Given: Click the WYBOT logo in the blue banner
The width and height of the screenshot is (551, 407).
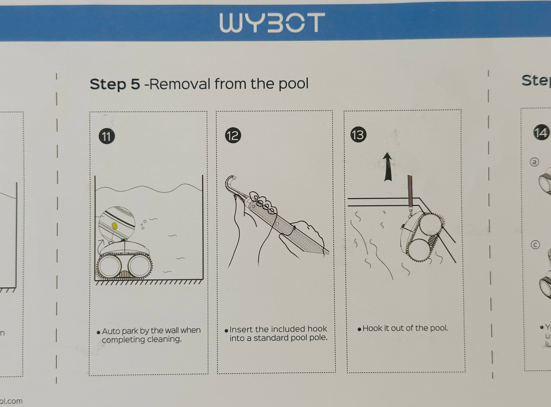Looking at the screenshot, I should pos(272,23).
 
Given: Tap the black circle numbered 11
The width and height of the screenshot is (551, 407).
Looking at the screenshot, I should pos(107,136).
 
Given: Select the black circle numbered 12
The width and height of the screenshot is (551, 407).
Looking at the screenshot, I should pos(233,135).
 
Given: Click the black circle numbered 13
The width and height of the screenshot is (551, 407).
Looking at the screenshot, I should pos(358,134).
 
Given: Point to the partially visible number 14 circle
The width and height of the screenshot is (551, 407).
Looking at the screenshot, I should pos(541,132).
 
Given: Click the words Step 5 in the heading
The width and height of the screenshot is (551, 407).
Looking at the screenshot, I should pos(115,84).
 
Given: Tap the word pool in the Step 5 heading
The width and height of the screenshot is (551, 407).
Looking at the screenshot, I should pos(293,84).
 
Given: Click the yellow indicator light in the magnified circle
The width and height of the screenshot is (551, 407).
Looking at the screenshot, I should pos(115,226).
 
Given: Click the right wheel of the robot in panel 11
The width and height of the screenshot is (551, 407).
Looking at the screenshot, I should pos(140,266).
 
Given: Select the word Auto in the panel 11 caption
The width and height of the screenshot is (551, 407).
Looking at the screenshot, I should pos(111,331).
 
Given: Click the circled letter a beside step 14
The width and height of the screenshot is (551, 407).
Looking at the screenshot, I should pos(534,162).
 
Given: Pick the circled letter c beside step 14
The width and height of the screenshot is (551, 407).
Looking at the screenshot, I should pos(534,245).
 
